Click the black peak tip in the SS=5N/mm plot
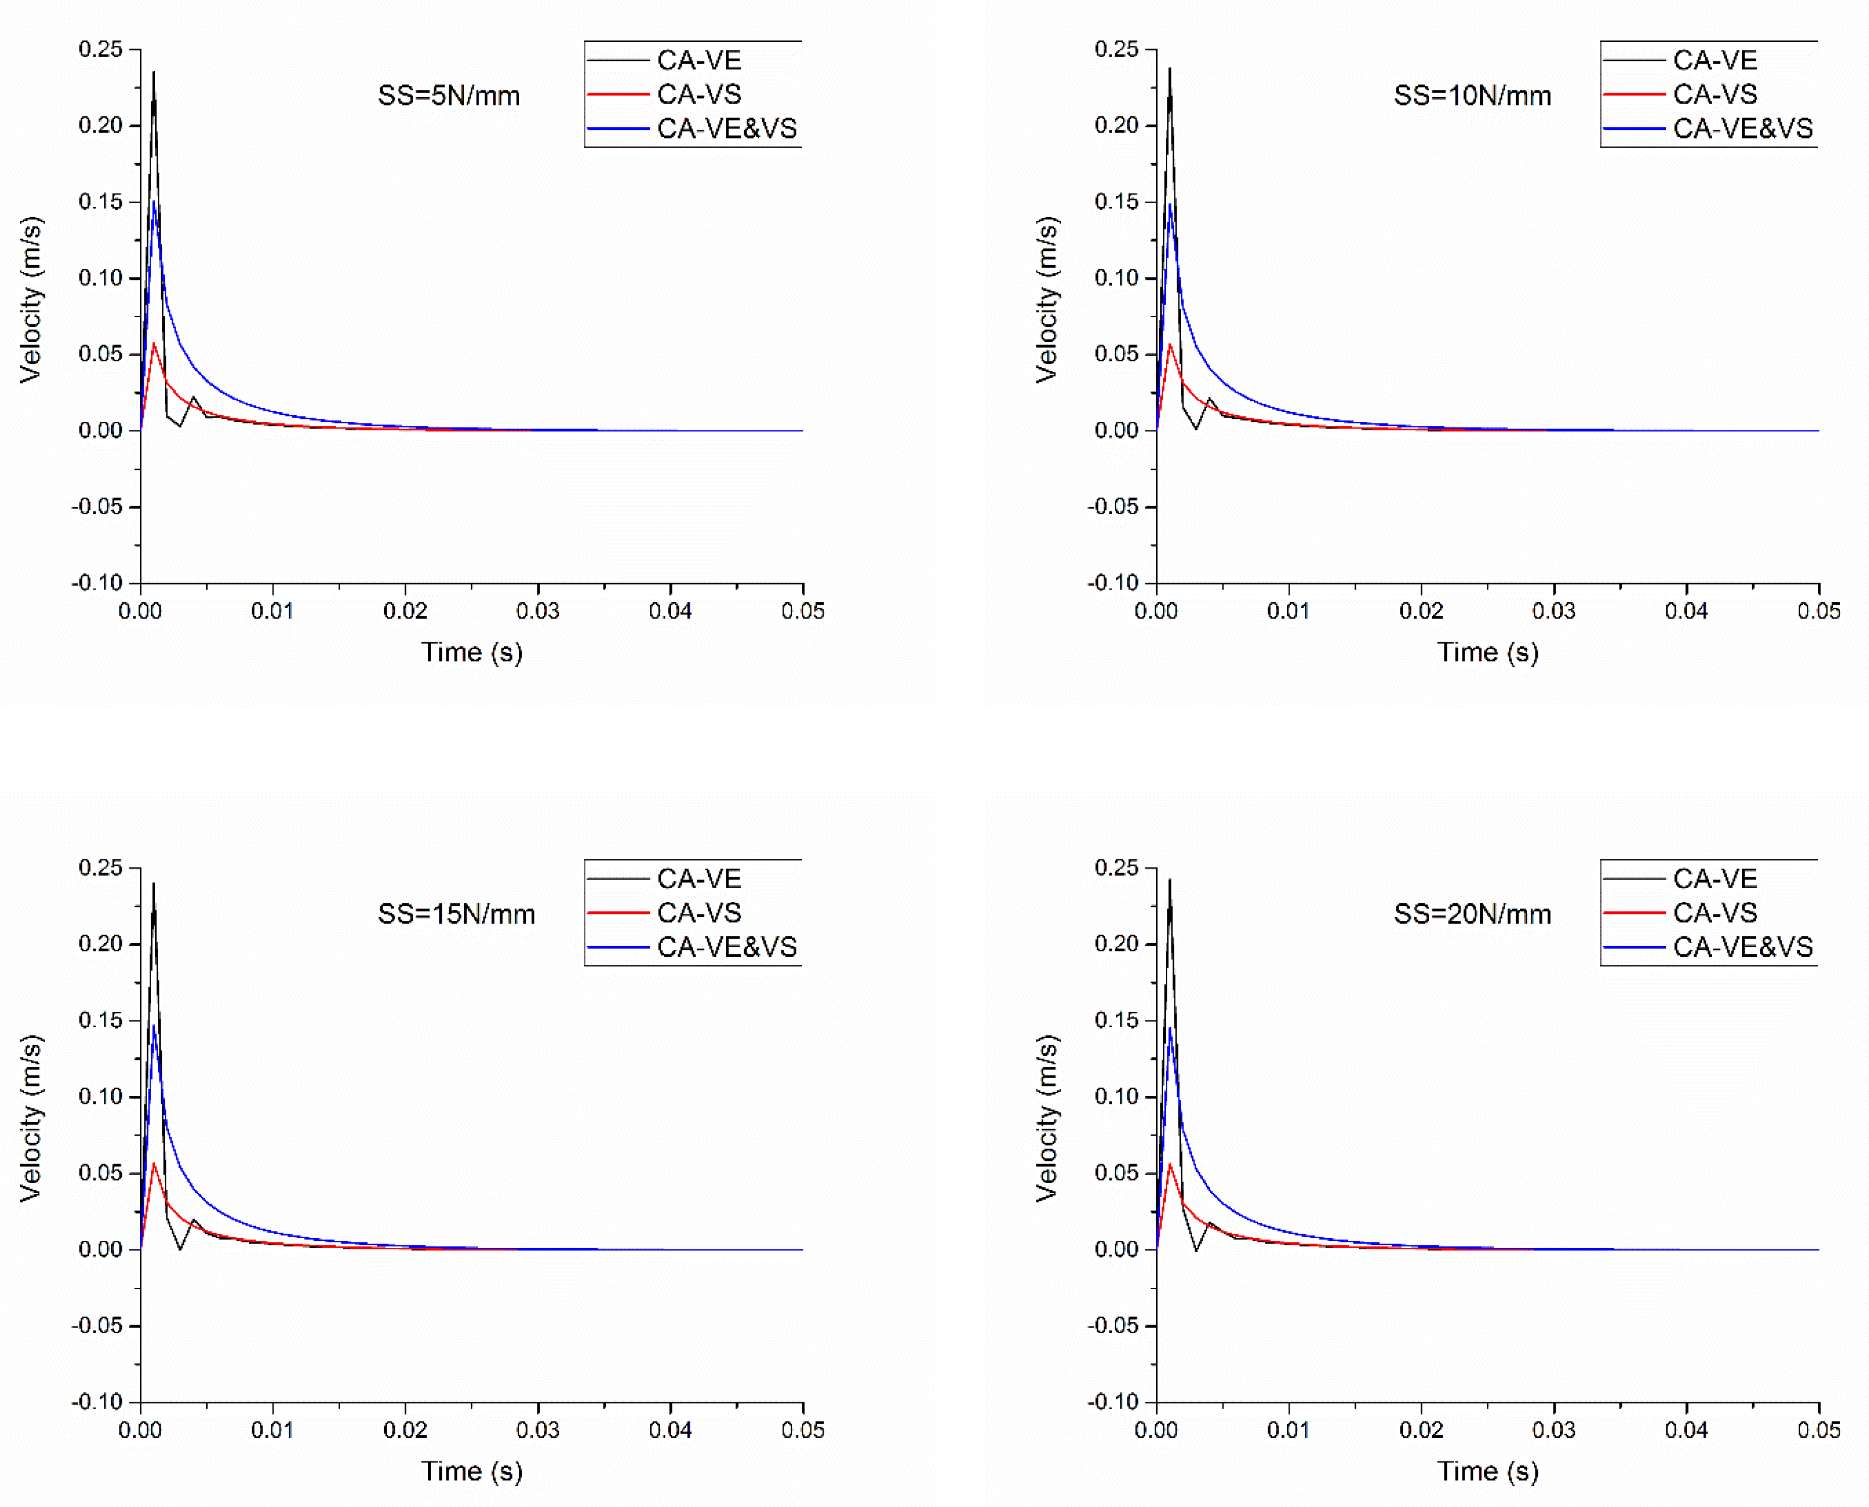[x=154, y=73]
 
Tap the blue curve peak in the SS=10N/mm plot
[x=1170, y=205]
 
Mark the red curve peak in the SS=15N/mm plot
[x=154, y=1163]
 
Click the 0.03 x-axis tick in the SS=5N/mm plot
[x=537, y=611]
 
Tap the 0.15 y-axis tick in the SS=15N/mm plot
[x=100, y=1020]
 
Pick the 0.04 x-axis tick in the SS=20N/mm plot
[x=1686, y=1430]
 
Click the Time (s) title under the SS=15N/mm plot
[x=472, y=1472]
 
